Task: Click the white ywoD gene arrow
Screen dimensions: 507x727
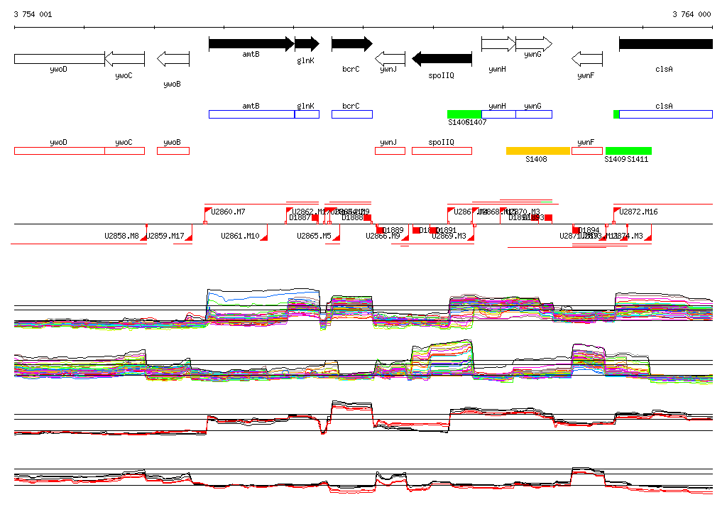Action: coord(59,58)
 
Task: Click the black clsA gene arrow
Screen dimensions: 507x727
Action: coord(665,44)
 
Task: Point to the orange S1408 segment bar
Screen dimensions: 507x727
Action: coord(538,151)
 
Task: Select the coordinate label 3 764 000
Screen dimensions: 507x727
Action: coord(692,14)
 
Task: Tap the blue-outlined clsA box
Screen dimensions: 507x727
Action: coord(665,114)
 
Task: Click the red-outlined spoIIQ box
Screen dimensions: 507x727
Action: coord(442,151)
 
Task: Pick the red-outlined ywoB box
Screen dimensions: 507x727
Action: coord(173,151)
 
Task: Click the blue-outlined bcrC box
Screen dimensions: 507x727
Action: coord(351,114)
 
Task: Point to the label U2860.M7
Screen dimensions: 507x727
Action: coord(229,212)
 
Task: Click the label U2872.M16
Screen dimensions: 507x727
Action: coord(638,212)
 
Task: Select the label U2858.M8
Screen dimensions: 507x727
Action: coord(121,236)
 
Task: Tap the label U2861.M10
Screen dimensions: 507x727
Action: coord(240,236)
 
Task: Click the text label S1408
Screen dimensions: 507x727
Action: coord(536,160)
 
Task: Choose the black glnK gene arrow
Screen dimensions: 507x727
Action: coord(307,44)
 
